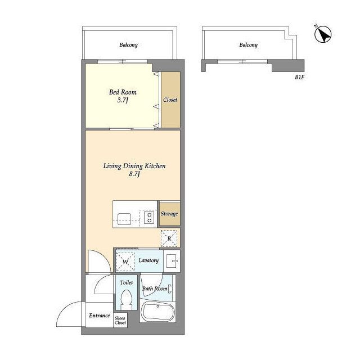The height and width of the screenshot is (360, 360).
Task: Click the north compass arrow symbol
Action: tap(322, 34)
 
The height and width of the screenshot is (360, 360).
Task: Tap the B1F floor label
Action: tap(299, 78)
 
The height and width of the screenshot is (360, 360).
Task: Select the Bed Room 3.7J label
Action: tap(123, 96)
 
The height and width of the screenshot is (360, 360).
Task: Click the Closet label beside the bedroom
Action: tap(170, 100)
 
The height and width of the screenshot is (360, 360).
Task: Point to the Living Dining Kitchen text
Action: tap(134, 166)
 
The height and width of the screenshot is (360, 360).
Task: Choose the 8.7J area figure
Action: tap(134, 174)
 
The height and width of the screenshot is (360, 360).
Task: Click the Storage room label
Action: tap(169, 214)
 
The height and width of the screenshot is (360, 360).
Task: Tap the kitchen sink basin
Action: tap(124, 219)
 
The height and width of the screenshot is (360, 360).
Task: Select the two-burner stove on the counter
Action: tap(149, 218)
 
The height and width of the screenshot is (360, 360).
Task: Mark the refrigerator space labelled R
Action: tap(169, 238)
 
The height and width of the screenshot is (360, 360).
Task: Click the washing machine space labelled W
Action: tap(125, 262)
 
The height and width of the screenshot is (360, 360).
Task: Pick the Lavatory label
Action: tap(148, 260)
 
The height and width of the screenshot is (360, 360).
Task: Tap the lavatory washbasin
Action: tap(172, 261)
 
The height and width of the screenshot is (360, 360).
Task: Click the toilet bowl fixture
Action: tap(127, 300)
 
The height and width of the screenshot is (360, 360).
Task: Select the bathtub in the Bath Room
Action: tap(157, 312)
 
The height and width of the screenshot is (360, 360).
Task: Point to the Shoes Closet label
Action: tap(120, 321)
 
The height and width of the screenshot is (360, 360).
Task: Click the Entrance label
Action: tap(100, 316)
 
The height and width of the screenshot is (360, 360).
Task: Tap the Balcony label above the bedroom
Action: tap(129, 45)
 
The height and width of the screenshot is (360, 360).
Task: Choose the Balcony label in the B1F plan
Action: tap(249, 45)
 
